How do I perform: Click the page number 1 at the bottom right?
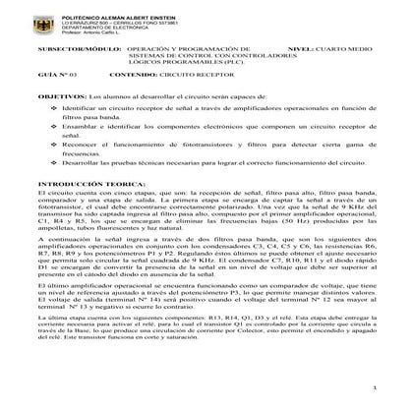[376, 390]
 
